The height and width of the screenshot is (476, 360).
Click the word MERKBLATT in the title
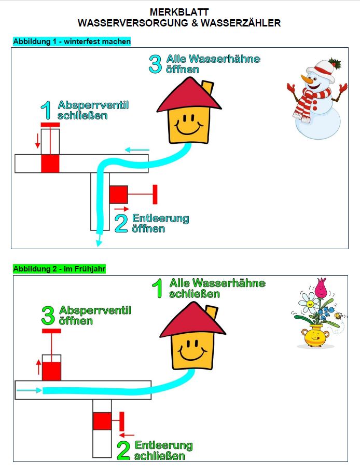(x=179, y=11)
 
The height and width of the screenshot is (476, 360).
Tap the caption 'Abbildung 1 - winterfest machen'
(x=72, y=41)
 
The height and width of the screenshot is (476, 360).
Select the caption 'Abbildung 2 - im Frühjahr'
(x=59, y=268)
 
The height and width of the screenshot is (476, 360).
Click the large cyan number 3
(x=155, y=64)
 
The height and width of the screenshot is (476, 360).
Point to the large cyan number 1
(x=46, y=111)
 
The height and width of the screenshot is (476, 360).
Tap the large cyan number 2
(x=121, y=223)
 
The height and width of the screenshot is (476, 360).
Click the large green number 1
(x=158, y=289)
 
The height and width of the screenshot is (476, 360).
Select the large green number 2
(x=123, y=451)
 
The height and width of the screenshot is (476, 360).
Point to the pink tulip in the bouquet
(x=321, y=287)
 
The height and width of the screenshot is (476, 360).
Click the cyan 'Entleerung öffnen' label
(x=160, y=223)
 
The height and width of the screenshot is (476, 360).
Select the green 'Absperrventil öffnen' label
(x=94, y=316)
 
